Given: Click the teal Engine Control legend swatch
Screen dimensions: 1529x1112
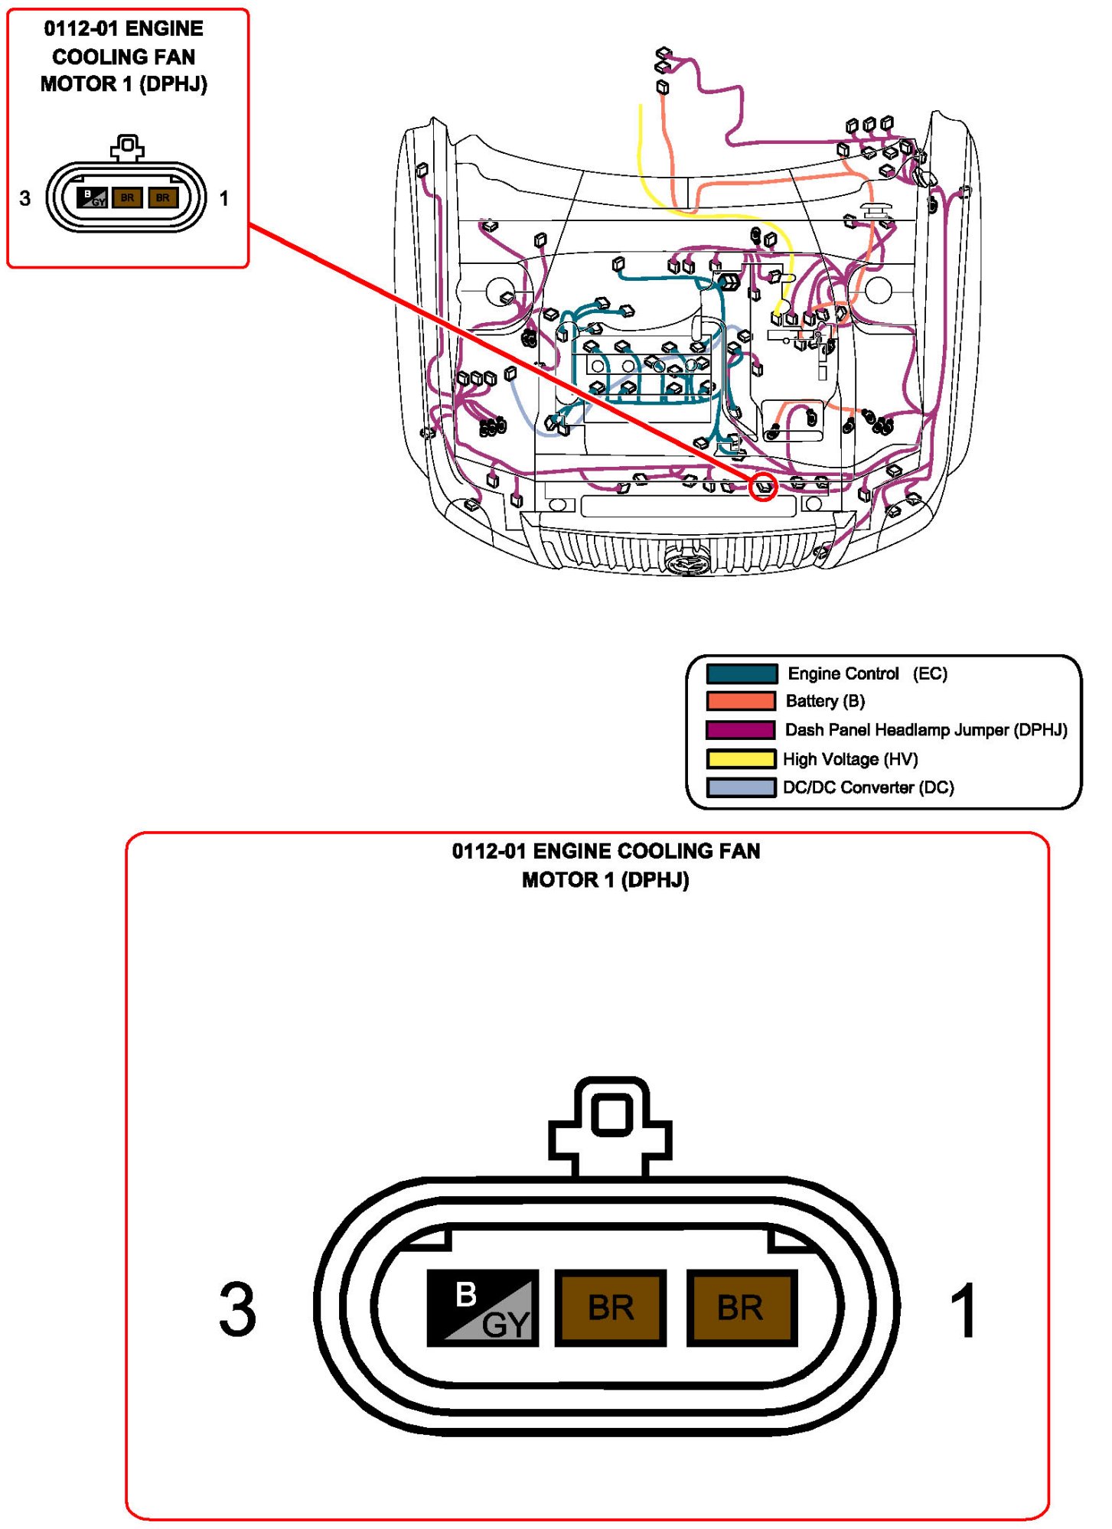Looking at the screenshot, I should (x=741, y=673).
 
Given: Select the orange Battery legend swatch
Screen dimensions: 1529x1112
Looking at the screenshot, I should (x=741, y=701).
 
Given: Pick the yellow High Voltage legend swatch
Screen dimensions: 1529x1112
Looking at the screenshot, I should (x=741, y=758).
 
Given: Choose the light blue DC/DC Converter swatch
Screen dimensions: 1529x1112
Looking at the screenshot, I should (x=741, y=787).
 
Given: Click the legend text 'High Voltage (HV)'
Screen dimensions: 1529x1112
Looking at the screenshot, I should (x=850, y=759).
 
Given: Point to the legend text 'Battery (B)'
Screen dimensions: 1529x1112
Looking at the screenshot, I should (x=825, y=701).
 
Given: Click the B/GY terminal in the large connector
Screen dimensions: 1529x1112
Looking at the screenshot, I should (x=482, y=1307).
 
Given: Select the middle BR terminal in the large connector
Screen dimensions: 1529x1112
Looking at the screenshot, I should (x=610, y=1307).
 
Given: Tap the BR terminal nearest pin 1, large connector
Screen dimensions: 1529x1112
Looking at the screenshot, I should (x=741, y=1307).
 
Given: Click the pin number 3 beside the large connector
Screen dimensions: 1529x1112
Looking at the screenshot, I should (x=237, y=1310).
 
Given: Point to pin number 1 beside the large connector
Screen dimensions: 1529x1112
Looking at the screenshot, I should (x=963, y=1310).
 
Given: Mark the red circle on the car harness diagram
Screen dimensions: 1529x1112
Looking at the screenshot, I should (x=763, y=487).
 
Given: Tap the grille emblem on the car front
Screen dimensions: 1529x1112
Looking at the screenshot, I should (x=688, y=563).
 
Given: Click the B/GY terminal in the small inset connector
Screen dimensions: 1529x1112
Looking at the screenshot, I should (x=92, y=198).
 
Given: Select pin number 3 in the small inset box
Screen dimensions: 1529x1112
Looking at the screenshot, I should (x=25, y=198).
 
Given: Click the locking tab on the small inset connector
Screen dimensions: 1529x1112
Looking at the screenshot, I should (x=127, y=147).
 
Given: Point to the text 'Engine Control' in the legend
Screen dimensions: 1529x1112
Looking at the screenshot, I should (x=843, y=673).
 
